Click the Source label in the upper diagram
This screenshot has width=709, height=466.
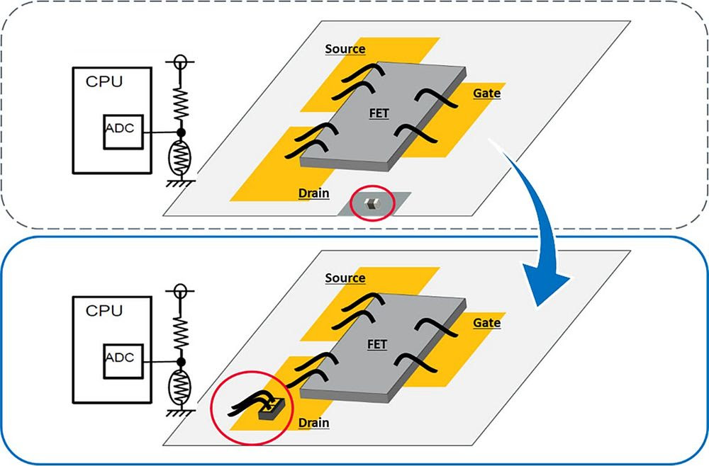tap(345, 49)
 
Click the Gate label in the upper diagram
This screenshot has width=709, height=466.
tap(486, 93)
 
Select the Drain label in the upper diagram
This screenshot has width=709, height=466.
tap(313, 193)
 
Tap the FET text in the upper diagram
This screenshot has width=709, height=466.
tap(379, 113)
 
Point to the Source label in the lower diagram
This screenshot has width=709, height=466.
tap(345, 278)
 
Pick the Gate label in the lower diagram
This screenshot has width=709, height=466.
tap(486, 324)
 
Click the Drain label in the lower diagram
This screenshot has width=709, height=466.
tap(313, 424)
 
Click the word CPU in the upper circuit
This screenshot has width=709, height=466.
tap(104, 81)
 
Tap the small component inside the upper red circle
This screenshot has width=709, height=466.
tap(369, 205)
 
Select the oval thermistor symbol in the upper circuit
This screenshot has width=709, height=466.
tap(182, 157)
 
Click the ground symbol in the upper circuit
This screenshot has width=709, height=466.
tap(182, 182)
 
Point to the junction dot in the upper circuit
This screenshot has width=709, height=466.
tap(182, 132)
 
